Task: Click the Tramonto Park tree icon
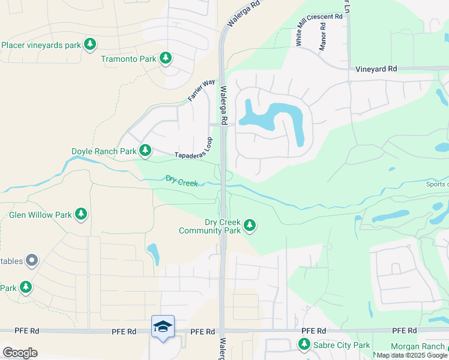coord(166,58)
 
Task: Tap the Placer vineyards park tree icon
coord(89,44)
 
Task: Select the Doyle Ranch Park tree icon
coord(145,151)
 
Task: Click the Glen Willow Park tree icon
coord(80,214)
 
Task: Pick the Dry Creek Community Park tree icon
coord(250,226)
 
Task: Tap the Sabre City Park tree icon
coord(304,344)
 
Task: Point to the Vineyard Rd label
coord(376,69)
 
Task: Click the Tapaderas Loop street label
coord(193,151)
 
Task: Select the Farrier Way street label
coord(201,90)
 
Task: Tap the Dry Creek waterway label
coord(182,181)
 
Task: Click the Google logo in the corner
coord(20,352)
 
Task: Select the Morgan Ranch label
coord(418,346)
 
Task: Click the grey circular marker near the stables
coord(32,260)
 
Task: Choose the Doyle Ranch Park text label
coord(104,151)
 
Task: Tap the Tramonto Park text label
coord(128,59)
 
